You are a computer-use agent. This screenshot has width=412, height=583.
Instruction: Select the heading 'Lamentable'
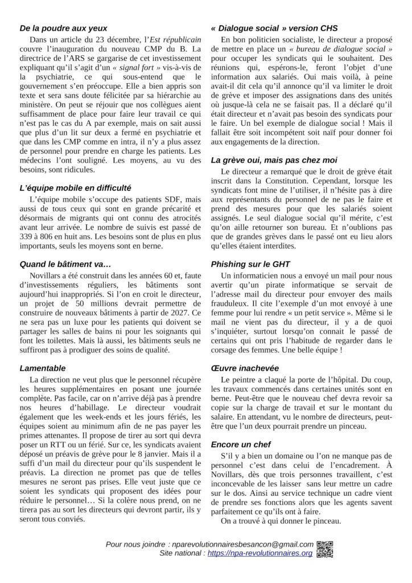click(43, 368)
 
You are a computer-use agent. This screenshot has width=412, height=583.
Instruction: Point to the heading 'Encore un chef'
click(241, 444)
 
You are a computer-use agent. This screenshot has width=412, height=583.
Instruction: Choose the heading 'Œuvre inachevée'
click(245, 368)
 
